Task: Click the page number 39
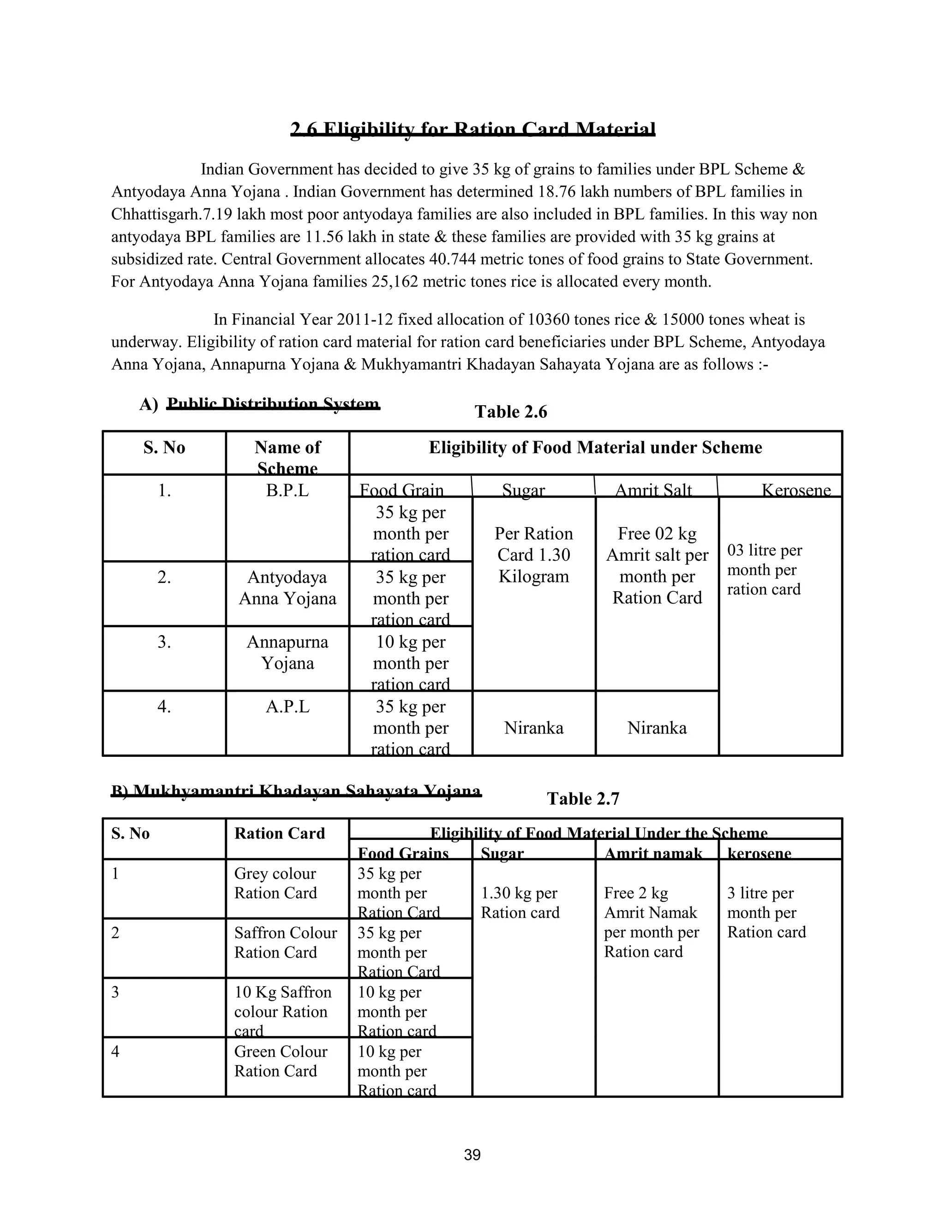472,1155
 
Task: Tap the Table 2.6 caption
511,412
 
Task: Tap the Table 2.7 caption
583,798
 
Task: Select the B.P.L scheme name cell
287,491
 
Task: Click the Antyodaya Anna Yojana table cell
287,588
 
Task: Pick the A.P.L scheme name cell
287,707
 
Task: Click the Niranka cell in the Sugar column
533,727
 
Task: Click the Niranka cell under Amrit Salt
657,727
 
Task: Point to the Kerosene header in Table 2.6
795,491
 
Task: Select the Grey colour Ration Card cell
275,883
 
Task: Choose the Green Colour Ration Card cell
281,1061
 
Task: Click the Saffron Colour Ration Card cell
286,942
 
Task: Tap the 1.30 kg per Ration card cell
520,903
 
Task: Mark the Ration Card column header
279,833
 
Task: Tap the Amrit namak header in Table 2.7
653,853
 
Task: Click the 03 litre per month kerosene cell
764,570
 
